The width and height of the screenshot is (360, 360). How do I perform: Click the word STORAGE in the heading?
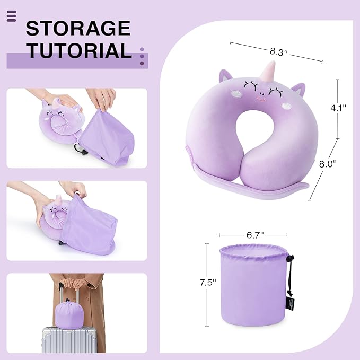coord(78,28)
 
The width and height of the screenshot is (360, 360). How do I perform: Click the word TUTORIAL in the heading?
coord(79,51)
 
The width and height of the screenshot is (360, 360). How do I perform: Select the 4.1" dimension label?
coord(338,108)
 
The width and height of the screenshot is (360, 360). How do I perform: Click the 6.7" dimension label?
coord(254,234)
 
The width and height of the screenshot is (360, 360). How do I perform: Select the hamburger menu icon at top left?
coord(12,16)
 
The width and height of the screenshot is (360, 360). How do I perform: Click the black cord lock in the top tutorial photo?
coord(81,152)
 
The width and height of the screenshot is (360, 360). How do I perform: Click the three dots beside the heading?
coord(142,56)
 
